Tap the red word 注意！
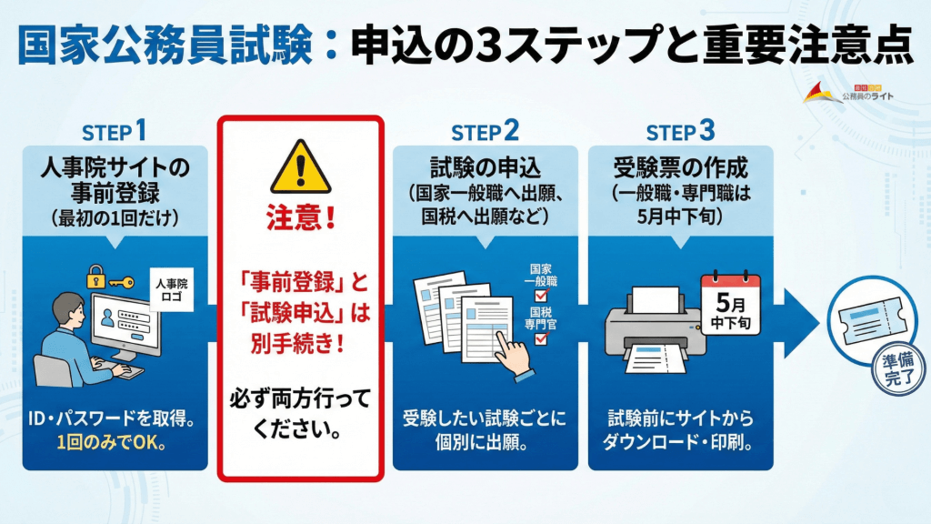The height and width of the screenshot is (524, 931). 299,221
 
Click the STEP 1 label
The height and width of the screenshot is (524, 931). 114,131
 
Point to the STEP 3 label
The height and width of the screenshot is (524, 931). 680,131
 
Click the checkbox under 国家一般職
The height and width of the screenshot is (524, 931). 542,295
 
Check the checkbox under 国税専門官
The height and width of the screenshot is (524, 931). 542,338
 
